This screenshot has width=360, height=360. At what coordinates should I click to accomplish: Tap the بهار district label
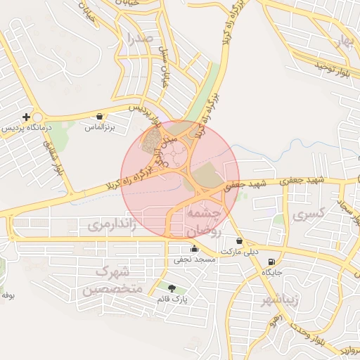click(344, 41)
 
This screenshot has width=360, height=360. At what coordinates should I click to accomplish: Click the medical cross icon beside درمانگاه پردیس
click(27, 117)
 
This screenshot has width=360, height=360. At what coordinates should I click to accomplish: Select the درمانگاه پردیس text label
click(26, 129)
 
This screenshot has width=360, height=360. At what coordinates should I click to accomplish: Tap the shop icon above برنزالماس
click(99, 117)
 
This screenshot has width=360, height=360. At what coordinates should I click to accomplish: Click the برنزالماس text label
click(99, 128)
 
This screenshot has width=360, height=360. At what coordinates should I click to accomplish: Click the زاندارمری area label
click(112, 224)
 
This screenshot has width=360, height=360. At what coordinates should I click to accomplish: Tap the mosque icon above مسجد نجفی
click(195, 248)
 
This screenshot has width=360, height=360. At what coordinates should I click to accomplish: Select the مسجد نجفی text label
click(195, 259)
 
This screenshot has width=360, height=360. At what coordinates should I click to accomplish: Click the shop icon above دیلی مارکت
click(240, 240)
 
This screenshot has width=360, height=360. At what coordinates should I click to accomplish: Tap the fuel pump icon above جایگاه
click(272, 262)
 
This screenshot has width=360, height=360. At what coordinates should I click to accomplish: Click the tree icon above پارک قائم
click(172, 287)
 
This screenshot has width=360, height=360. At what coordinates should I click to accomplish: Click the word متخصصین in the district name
click(112, 289)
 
